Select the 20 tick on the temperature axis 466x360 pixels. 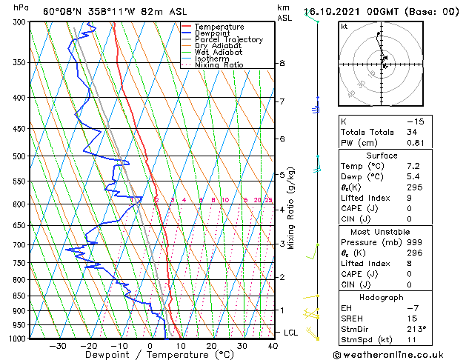coord(211,346)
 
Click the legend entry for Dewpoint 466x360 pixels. coord(211,33)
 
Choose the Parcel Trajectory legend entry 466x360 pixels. coord(228,40)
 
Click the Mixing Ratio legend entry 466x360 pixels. coord(219,65)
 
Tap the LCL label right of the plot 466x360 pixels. coord(291,333)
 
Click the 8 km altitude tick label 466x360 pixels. coord(282,64)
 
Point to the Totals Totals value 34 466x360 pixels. coord(413,133)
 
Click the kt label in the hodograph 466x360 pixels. coord(344,27)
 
